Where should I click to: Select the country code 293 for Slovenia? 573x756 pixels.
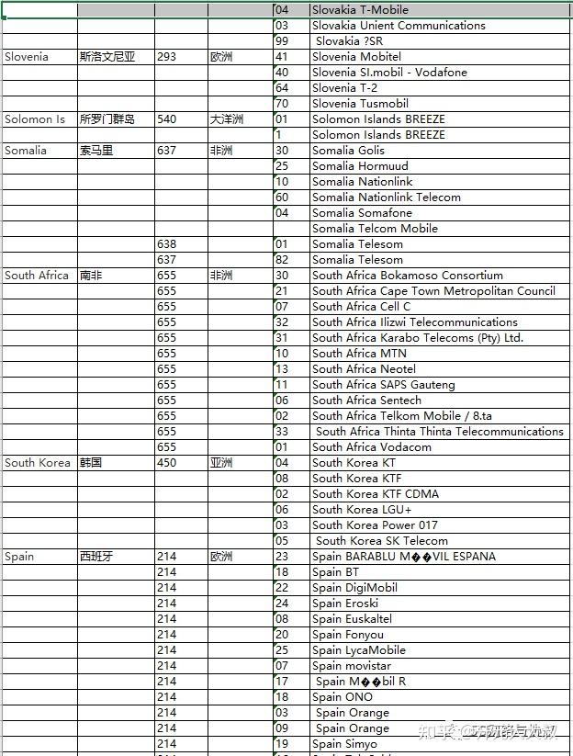pos(166,57)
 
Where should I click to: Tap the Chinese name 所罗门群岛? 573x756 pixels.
pos(107,119)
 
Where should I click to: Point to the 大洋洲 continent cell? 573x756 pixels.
pos(225,119)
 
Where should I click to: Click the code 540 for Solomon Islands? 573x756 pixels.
pos(166,119)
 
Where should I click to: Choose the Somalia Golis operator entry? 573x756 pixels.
pos(348,151)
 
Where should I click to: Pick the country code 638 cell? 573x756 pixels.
pos(166,244)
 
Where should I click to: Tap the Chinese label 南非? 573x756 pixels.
pos(92,276)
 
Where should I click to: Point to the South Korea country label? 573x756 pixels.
pos(38,463)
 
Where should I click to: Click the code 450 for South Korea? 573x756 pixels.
pos(166,463)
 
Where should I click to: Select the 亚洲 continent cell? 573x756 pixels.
pos(221,463)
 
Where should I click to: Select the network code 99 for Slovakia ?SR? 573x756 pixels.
pos(282,41)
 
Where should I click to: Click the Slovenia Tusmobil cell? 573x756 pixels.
pos(360,104)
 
